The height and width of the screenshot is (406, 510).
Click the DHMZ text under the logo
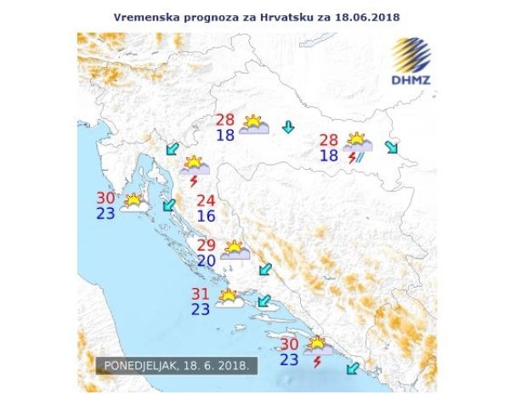[x=411, y=82]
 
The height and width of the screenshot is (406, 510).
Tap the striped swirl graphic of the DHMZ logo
[x=412, y=56]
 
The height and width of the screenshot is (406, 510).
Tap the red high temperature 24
[x=206, y=201]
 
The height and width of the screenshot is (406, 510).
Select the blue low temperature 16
[x=206, y=217]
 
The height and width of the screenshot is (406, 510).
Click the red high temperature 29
[x=207, y=245]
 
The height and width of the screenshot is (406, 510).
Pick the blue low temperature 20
[x=207, y=261]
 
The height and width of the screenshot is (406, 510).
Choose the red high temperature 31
[x=201, y=294]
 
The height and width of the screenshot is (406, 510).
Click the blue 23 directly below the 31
[x=201, y=309]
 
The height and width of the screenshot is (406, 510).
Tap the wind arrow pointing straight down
[x=289, y=127]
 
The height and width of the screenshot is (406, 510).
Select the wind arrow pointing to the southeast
[x=391, y=147]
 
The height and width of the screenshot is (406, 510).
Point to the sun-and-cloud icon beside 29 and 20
[x=235, y=250]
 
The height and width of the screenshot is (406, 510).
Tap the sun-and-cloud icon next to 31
[x=228, y=297]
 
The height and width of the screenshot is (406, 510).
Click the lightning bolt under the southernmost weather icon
[x=317, y=362]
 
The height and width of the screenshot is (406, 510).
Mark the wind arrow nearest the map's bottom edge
[x=352, y=368]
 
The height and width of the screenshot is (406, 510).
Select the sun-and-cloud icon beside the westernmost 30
[x=133, y=201]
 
